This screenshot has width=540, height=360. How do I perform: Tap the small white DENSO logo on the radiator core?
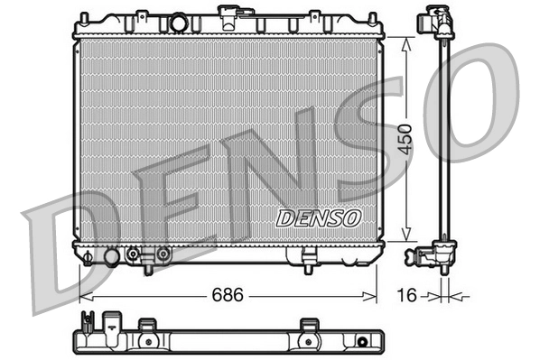[318, 217]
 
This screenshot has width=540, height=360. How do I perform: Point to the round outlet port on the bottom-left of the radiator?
[112, 257]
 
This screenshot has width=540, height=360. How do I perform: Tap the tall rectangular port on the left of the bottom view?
[114, 326]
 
